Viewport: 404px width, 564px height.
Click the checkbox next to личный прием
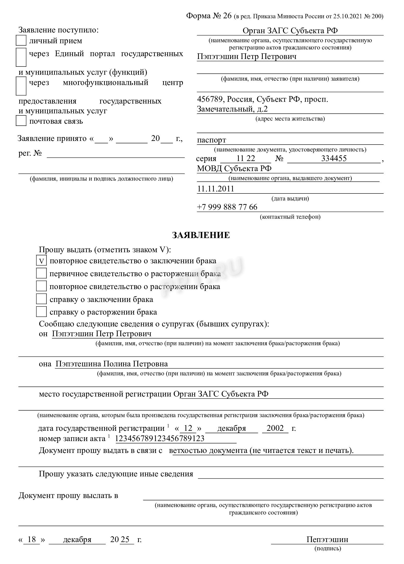[x=21, y=41]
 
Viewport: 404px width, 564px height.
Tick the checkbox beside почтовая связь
[x=21, y=121]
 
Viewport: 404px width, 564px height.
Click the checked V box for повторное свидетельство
[x=41, y=261]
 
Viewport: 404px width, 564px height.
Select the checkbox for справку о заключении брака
[x=41, y=299]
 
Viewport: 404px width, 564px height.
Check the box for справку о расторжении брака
[x=41, y=312]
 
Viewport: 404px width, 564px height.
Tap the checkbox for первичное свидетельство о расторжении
[x=41, y=273]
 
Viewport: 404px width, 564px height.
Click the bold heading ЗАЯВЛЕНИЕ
[x=201, y=235]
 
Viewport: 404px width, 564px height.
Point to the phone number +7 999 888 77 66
[x=227, y=207]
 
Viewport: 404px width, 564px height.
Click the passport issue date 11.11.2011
[x=216, y=189]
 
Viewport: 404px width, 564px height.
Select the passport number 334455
[x=334, y=158]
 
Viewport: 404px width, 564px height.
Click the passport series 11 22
[x=246, y=158]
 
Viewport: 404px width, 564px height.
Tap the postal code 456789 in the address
[x=208, y=99]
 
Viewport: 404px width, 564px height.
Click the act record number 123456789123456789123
[x=160, y=439]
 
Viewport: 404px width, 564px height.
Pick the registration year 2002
[x=275, y=428]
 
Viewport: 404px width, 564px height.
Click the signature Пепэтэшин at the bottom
[x=327, y=540]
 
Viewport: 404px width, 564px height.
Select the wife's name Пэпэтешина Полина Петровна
[x=112, y=364]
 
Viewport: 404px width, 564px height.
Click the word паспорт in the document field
[x=212, y=140]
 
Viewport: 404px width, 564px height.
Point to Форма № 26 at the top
[x=209, y=16]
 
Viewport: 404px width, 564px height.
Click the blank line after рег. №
[x=116, y=155]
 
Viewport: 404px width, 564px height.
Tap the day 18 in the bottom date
[x=31, y=540]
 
